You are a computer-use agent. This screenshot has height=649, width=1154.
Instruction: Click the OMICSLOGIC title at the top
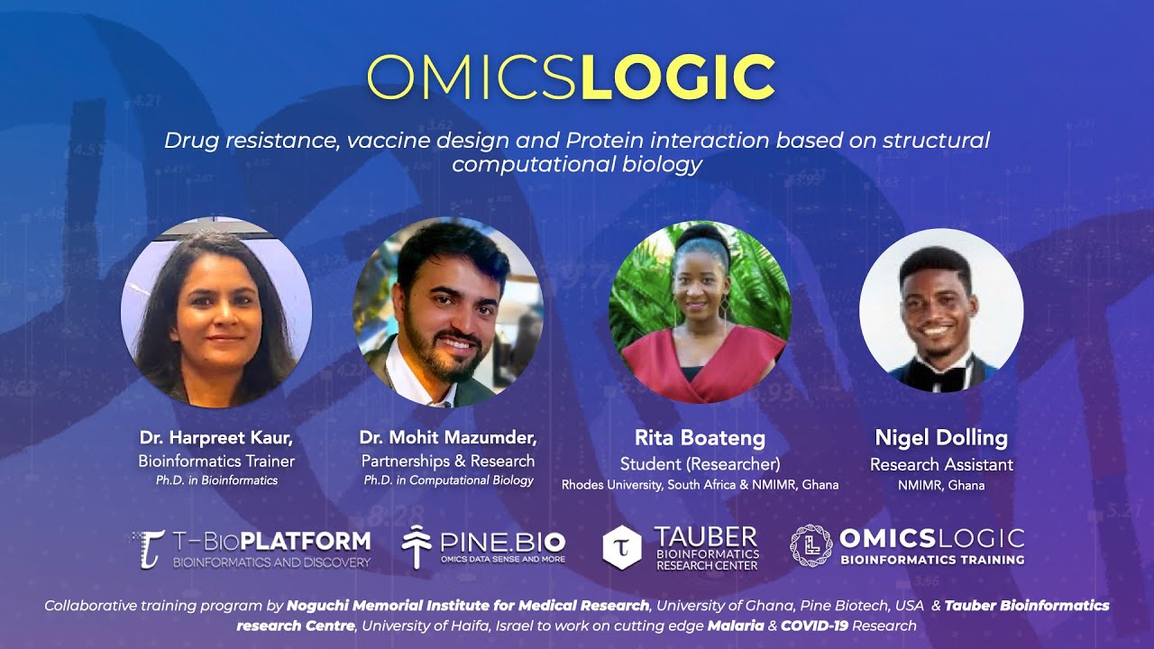coord(571,78)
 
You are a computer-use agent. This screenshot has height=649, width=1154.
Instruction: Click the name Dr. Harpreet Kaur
coord(216,438)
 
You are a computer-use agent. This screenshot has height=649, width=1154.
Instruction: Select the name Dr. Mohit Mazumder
coord(448,438)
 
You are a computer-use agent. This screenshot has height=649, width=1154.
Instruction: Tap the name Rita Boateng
coord(700,439)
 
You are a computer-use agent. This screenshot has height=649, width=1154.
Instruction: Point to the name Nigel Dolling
coord(941,438)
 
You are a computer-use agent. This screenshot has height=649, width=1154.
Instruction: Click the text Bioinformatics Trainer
coord(216,462)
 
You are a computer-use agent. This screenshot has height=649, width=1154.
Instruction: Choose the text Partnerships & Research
coord(448,462)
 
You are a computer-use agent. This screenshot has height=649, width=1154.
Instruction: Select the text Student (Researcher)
coord(700,464)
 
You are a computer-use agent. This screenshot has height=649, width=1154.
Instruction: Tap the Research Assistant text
coord(941,465)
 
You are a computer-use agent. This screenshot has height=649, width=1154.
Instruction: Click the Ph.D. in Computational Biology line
coord(448,480)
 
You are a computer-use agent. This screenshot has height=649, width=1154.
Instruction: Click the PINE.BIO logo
coord(484,546)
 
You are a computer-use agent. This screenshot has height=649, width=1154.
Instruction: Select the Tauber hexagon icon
coord(621,548)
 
